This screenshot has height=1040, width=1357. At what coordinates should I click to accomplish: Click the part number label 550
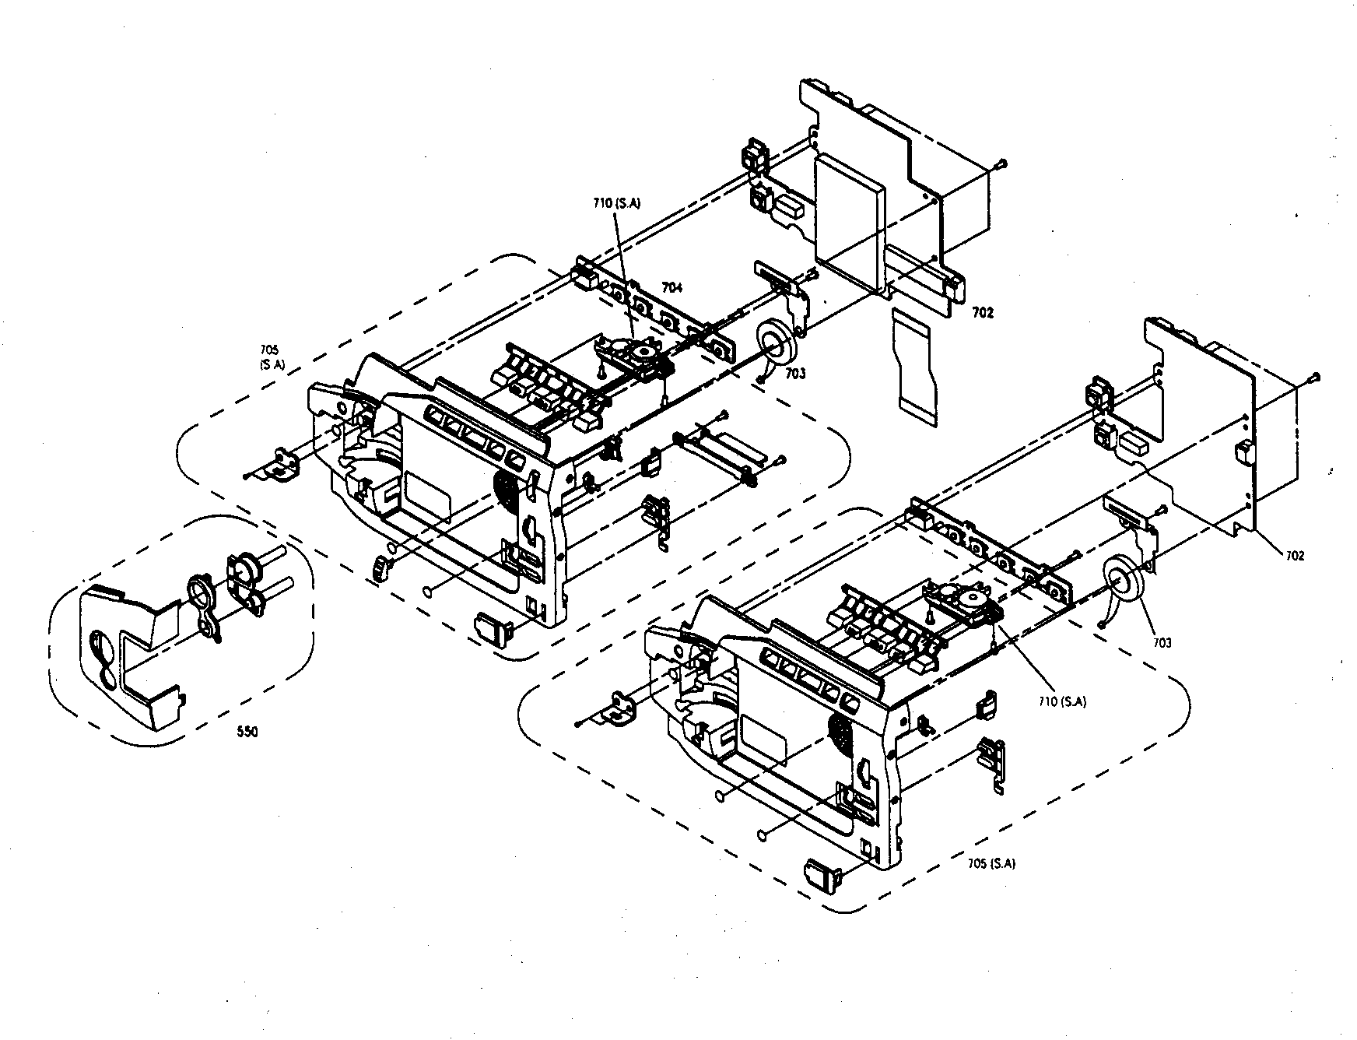[x=248, y=732]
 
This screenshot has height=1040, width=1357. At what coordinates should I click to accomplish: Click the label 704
[x=671, y=287]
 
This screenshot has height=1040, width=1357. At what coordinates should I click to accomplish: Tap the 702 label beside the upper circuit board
[x=983, y=313]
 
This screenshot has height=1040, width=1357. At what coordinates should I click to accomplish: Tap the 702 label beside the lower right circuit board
[x=1295, y=555]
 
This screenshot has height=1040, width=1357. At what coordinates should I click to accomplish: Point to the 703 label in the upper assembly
[x=795, y=374]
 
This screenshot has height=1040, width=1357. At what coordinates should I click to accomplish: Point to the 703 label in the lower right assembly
[x=1162, y=642]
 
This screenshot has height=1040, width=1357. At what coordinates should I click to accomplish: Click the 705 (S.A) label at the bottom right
[x=991, y=863]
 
